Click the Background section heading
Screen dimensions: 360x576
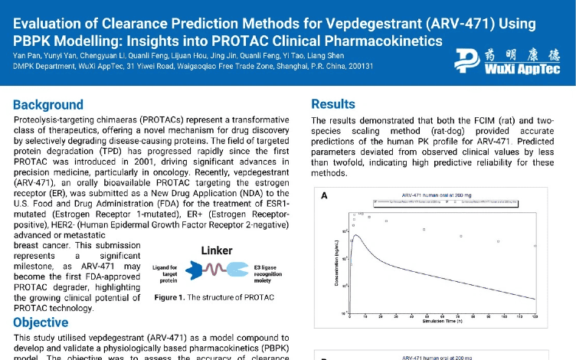click(48, 105)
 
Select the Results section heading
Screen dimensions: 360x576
click(333, 104)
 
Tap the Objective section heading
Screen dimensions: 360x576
click(41, 322)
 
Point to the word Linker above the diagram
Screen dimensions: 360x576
click(217, 250)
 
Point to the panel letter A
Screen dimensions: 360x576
click(324, 196)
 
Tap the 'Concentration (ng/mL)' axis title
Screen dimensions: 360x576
click(337, 260)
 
